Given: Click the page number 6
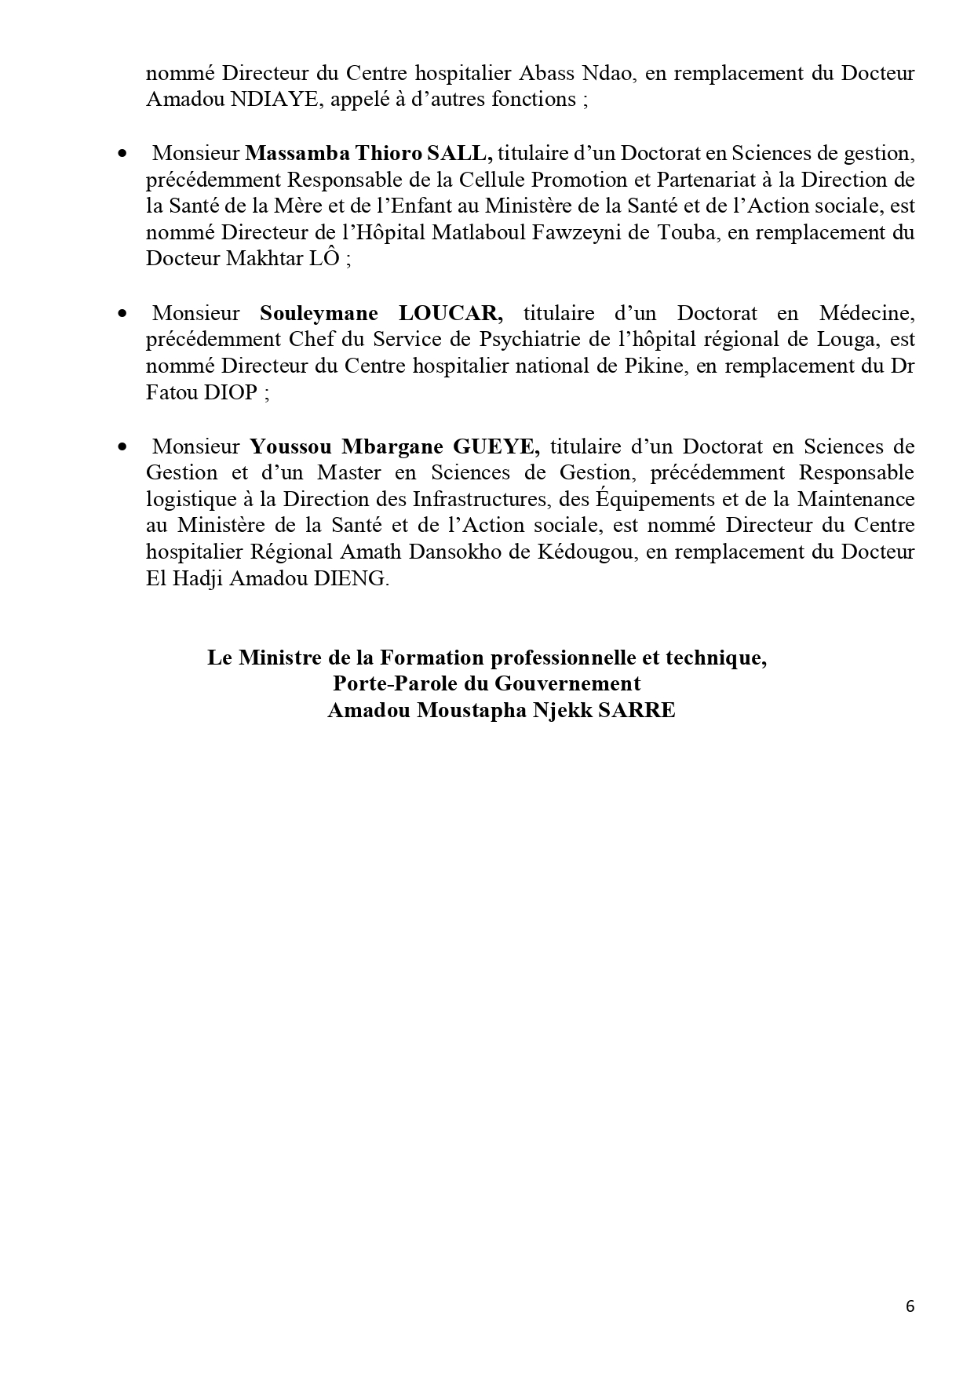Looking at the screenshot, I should click(x=910, y=1306).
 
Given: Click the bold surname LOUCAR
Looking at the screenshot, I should click(x=451, y=314).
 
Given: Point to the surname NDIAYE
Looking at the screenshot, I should click(x=273, y=100).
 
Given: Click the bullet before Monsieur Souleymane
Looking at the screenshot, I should click(x=122, y=314).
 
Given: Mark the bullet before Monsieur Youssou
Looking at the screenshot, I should click(x=122, y=447).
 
